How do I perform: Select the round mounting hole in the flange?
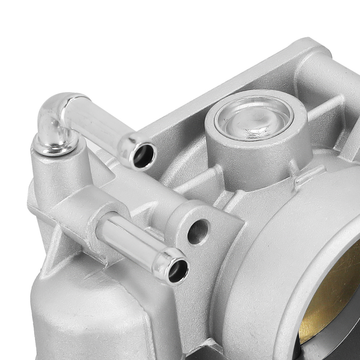click(198, 231)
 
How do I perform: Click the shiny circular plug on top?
click(254, 118)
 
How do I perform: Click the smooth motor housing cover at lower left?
click(90, 317)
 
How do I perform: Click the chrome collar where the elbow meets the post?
click(56, 146)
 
